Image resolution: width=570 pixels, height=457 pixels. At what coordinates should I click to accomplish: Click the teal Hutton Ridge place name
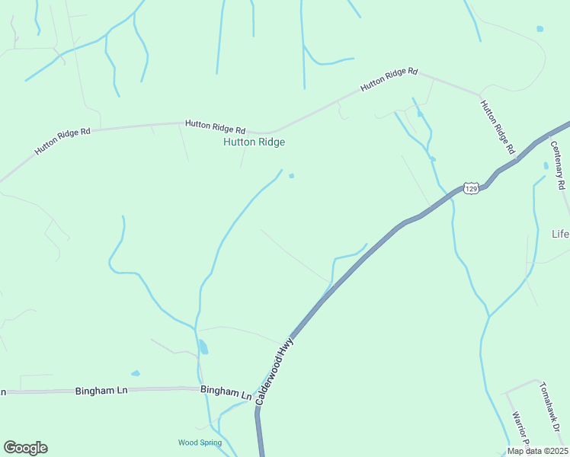pos(254,142)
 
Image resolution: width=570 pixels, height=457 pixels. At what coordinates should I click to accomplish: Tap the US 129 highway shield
pos(472,187)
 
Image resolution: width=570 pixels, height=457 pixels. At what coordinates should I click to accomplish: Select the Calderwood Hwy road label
pos(275,372)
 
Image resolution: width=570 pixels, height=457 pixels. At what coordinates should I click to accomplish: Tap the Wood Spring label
pos(200,443)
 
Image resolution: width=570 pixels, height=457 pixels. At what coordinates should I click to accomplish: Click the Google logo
pos(25,448)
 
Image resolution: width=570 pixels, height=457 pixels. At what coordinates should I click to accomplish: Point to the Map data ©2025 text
pos(537,451)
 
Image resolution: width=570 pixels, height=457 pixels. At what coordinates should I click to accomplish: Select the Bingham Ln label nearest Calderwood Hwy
pos(226,392)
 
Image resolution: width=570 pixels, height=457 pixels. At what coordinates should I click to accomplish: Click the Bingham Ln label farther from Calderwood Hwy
pos(101,391)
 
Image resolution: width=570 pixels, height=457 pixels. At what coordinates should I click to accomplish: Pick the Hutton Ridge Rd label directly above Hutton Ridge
pos(215,126)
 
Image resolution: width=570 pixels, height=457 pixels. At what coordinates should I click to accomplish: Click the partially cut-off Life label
pos(560,234)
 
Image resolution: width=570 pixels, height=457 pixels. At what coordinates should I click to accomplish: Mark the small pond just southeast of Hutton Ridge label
pos(291,176)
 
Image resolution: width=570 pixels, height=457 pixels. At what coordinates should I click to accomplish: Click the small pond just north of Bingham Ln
pos(136,373)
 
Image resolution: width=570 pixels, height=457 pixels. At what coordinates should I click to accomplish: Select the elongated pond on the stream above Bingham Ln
pos(203,347)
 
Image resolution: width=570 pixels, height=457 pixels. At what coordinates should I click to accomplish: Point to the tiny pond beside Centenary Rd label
pos(546,165)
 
